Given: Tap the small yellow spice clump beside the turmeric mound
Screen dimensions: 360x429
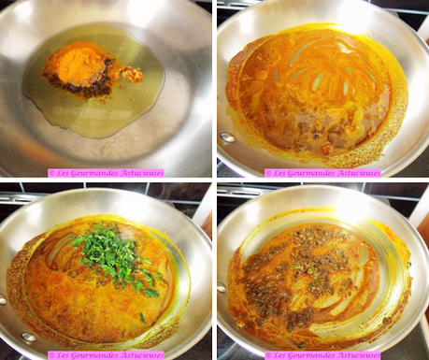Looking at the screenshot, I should point(134,73).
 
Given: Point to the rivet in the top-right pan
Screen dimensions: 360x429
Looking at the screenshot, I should point(227,137).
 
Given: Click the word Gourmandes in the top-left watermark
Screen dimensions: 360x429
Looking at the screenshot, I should point(98,173).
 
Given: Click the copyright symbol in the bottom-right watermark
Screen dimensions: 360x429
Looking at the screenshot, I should point(268,355).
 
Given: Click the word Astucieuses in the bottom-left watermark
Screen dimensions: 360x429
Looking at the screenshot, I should point(138,355).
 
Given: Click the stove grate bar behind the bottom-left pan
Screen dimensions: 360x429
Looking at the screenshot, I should point(19,197).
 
